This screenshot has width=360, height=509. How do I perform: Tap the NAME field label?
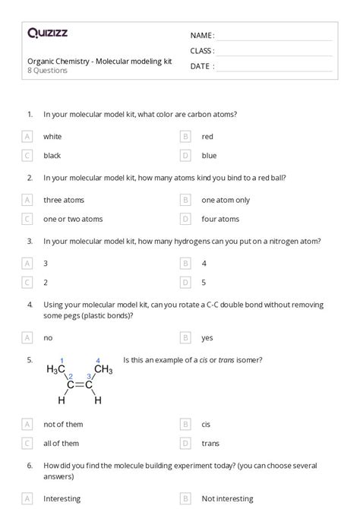(202, 36)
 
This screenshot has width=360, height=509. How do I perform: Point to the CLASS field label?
(202, 51)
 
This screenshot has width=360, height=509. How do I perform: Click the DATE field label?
(201, 66)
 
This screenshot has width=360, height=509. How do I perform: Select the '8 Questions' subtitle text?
(47, 71)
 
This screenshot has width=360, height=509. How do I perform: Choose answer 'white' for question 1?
(52, 137)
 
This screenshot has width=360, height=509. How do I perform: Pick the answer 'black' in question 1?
(52, 156)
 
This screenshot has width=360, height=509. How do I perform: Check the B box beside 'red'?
(185, 137)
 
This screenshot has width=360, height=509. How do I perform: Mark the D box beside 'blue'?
(185, 156)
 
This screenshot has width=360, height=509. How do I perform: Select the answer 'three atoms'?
(63, 200)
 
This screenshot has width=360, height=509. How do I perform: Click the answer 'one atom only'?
(226, 200)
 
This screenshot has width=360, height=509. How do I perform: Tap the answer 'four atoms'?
(220, 219)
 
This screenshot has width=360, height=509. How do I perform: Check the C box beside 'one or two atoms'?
(27, 219)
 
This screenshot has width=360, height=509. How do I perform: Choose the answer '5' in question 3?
(204, 282)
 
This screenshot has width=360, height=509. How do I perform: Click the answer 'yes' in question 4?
(207, 337)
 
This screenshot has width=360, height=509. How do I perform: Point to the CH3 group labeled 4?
(103, 370)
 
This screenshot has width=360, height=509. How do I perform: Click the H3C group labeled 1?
(56, 370)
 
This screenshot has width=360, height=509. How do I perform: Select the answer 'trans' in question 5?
(210, 443)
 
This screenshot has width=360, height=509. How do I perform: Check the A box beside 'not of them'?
(27, 424)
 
